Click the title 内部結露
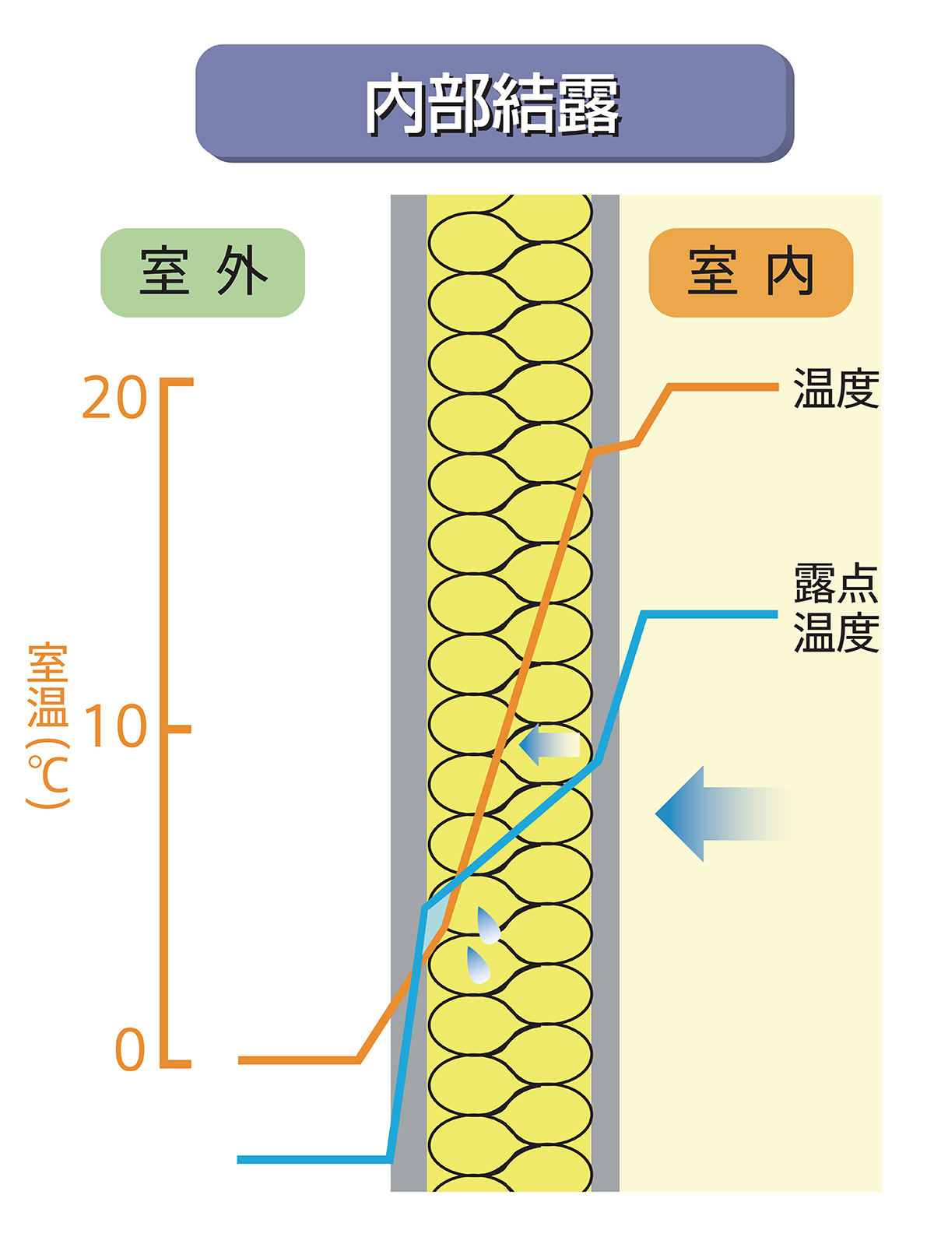pos(493,104)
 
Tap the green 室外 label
pos(203,272)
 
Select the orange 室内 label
pos(751,272)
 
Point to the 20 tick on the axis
pos(114,398)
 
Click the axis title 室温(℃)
pos(48,724)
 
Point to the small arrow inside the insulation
pos(549,745)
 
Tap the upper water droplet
pos(488,926)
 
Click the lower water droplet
pos(478,965)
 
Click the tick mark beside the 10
pos(179,729)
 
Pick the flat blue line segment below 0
pos(311,1159)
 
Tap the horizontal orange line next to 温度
pos(724,386)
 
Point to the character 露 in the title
pos(588,104)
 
